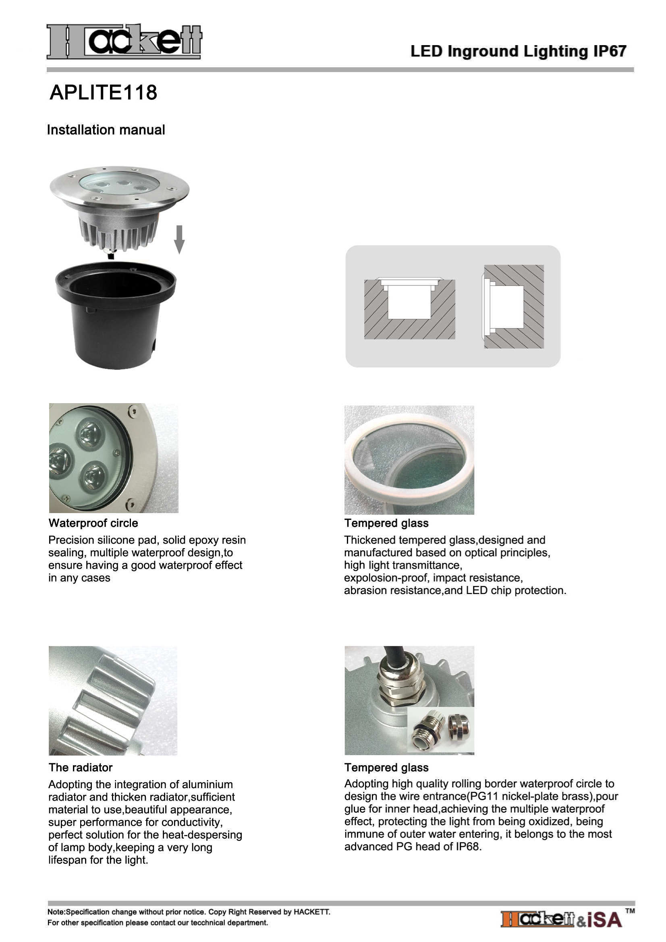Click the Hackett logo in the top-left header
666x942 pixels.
(124, 41)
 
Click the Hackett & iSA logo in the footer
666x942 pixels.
(562, 919)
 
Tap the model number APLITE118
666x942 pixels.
(103, 92)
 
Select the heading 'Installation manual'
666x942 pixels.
(106, 130)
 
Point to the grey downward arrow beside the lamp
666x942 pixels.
(179, 239)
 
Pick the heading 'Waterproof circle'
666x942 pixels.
(93, 523)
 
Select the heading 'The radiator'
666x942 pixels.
(81, 767)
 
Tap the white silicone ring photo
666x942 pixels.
(409, 460)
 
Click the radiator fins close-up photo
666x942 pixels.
(113, 700)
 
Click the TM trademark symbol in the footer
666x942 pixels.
(630, 911)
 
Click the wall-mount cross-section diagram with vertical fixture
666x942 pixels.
(513, 306)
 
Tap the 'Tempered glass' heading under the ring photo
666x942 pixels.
(386, 523)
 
